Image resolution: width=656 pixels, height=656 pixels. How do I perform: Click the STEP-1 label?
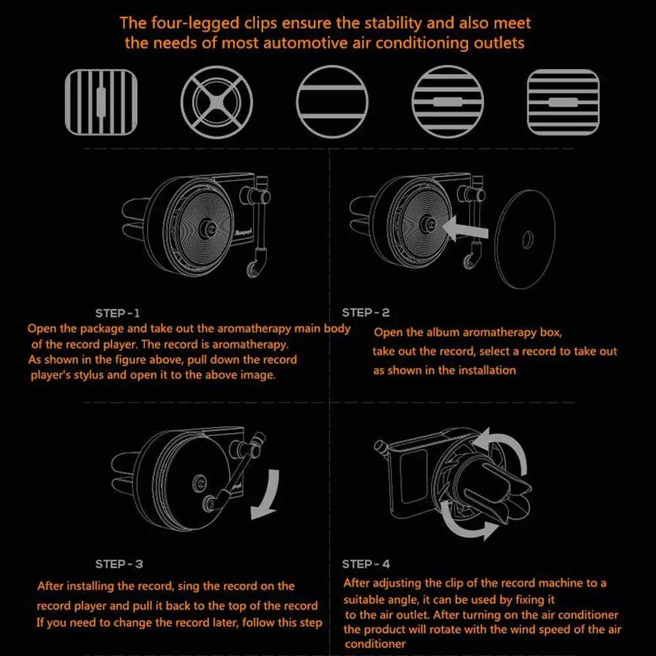click(x=117, y=313)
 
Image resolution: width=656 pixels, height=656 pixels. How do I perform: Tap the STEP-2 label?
click(x=365, y=312)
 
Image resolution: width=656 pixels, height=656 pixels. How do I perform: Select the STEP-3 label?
click(x=119, y=564)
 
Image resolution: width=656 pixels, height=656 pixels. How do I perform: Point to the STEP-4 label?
click(x=365, y=564)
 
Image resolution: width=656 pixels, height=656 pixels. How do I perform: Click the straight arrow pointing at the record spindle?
click(x=464, y=229)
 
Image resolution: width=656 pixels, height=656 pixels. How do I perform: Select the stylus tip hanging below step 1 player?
click(x=253, y=270)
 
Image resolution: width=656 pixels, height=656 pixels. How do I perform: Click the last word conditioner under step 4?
click(x=375, y=644)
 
